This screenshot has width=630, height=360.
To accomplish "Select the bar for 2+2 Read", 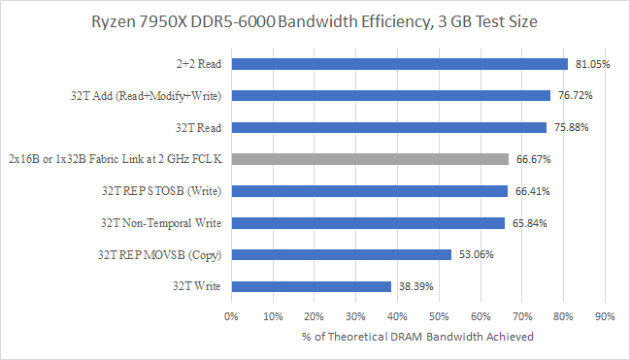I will point(399,64).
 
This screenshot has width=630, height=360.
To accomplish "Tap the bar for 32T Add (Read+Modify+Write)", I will point(390,96).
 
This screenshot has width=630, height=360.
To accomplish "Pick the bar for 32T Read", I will point(388,127).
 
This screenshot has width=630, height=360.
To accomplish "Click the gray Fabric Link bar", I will point(369,159).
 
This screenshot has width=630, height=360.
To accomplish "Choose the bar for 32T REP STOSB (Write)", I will point(369,191).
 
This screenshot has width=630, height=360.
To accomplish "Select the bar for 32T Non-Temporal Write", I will point(367,223).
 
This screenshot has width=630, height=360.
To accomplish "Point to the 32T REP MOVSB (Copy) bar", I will point(341,254).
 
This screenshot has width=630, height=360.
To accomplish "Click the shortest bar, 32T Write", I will point(311,286).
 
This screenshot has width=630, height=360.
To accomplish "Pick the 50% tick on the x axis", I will point(439,315).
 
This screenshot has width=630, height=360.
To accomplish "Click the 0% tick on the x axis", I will point(231,315).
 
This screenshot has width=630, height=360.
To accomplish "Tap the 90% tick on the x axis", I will point(605,315).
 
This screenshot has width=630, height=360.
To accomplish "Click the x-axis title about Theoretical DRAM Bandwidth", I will point(417,337).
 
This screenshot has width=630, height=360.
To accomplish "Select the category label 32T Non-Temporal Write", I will point(160,223).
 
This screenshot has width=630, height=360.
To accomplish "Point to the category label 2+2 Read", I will point(195,64).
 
